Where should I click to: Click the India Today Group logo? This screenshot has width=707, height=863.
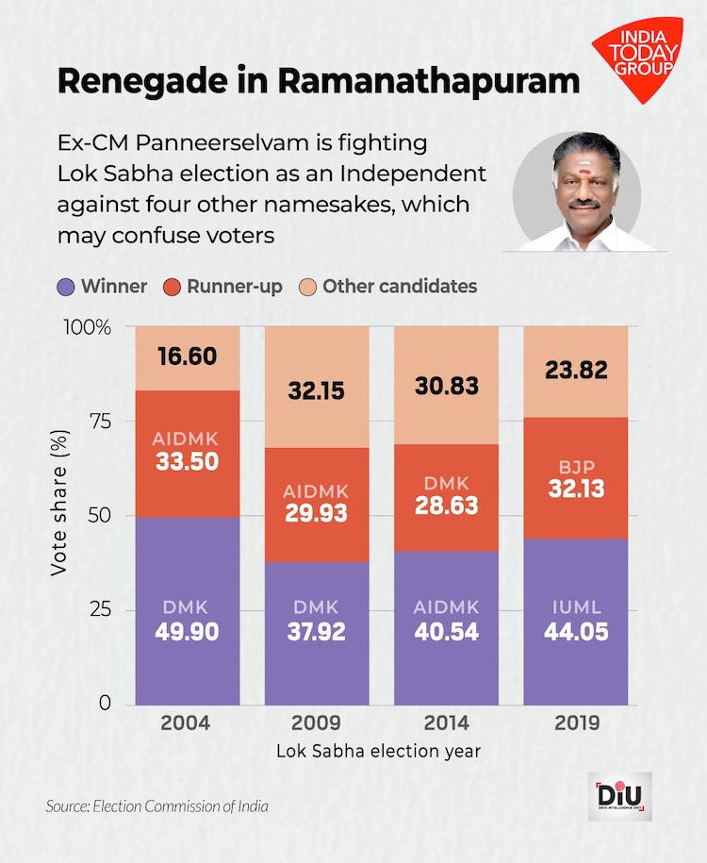(636, 58)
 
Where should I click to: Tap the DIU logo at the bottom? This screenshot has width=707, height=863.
(619, 796)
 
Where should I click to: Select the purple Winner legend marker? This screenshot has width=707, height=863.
(67, 286)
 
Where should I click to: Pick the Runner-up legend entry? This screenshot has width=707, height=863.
(224, 286)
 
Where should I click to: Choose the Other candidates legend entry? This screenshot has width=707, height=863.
(388, 286)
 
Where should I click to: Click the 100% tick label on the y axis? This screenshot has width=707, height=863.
(89, 327)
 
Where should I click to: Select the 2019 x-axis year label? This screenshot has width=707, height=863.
(575, 724)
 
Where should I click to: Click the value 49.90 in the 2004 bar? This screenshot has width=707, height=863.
(186, 631)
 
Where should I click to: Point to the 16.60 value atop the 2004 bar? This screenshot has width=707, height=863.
(186, 357)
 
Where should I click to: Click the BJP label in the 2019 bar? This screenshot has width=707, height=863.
(575, 465)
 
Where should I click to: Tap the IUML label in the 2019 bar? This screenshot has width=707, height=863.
(575, 607)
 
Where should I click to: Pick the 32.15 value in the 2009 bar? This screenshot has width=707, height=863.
(316, 390)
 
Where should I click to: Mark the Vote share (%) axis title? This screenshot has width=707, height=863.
(59, 515)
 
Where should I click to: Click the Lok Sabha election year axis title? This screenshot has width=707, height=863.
(380, 752)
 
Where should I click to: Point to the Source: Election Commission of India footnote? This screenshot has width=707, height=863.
(157, 806)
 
